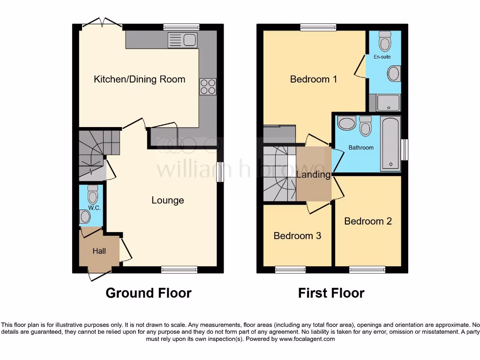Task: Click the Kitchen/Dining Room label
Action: click(139, 79)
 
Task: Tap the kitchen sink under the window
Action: click(182, 40)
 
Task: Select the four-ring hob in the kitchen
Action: click(208, 86)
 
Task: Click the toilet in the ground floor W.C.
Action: click(93, 194)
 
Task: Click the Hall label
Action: click(99, 251)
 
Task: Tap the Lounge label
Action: click(167, 201)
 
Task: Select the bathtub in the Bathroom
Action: click(390, 143)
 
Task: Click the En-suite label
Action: click(382, 57)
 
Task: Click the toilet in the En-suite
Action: click(385, 42)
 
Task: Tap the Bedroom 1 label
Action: click(314, 79)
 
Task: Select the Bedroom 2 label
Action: click(368, 221)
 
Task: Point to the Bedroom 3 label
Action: click(297, 236)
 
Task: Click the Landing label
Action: click(313, 175)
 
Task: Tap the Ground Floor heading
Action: click(148, 293)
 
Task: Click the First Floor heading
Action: click(331, 293)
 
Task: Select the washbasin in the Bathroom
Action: click(347, 124)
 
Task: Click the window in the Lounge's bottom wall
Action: click(179, 270)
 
